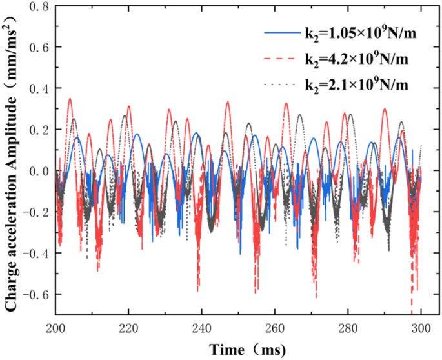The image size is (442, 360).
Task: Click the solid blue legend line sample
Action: click(x=281, y=32)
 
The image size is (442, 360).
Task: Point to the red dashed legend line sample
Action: click(x=281, y=59)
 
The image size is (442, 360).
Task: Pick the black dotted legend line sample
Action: click(x=281, y=85)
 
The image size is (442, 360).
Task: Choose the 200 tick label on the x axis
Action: click(x=55, y=328)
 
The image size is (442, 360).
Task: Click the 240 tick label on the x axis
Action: click(x=202, y=328)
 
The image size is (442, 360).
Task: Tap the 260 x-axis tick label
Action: click(x=276, y=328)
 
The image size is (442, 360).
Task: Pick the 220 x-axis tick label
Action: click(x=129, y=328)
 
